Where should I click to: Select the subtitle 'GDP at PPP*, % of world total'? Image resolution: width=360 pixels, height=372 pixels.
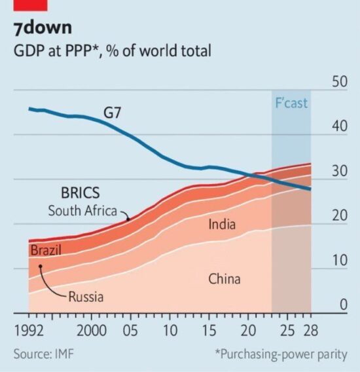click(x=112, y=50)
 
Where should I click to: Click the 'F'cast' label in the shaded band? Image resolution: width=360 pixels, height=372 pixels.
click(x=291, y=103)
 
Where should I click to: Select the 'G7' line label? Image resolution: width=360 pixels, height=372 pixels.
click(x=114, y=113)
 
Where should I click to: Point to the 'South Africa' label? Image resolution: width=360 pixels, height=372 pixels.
click(x=82, y=210)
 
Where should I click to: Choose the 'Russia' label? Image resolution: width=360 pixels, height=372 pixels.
click(x=86, y=297)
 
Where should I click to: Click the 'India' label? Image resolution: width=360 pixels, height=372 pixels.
click(x=223, y=225)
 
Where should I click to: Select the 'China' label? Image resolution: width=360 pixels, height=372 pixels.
click(x=225, y=279)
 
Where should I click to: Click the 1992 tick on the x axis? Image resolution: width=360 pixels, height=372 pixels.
click(x=29, y=330)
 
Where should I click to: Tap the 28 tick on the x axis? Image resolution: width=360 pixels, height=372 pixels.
click(x=310, y=330)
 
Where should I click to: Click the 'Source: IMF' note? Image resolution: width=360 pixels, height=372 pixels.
click(x=44, y=354)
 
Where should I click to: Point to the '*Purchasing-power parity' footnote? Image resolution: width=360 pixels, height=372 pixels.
click(x=281, y=354)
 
